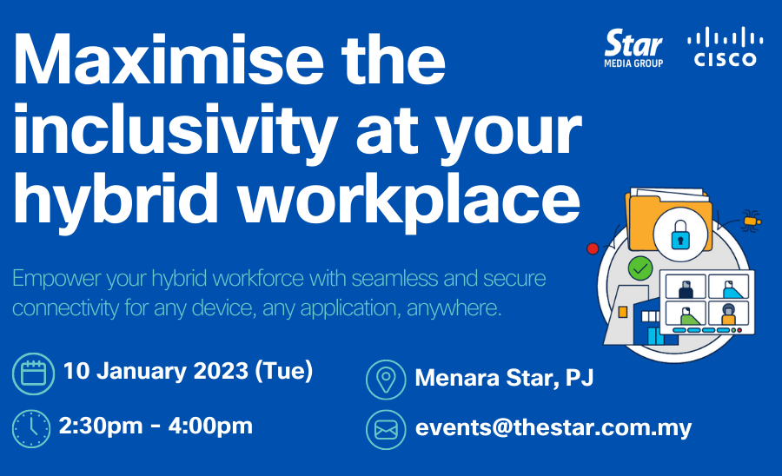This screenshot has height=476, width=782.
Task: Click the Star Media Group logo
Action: point(633,48)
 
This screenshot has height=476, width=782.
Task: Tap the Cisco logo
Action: point(726,46)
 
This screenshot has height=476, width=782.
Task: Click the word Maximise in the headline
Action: point(169,60)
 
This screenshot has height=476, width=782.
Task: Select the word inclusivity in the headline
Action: point(176,130)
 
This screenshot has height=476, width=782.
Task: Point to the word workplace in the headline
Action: point(409,201)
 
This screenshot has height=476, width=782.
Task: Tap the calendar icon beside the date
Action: point(33,374)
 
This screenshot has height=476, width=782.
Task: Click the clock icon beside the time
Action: point(31,428)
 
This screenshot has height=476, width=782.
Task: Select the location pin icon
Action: point(386,380)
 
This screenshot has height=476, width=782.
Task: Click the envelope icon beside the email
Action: point(386,430)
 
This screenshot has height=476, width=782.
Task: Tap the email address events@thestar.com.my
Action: point(553,428)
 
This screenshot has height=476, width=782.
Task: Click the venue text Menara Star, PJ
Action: point(504,377)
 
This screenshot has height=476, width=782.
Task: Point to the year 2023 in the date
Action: point(221,371)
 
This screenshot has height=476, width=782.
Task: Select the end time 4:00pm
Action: point(210,426)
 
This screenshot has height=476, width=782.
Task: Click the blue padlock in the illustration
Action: point(680,235)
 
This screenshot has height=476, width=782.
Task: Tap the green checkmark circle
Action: point(640,269)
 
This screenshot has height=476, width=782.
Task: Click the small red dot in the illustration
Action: point(593,248)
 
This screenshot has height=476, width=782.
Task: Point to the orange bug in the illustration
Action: point(751,221)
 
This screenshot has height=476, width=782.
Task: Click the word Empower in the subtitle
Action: point(56,279)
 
